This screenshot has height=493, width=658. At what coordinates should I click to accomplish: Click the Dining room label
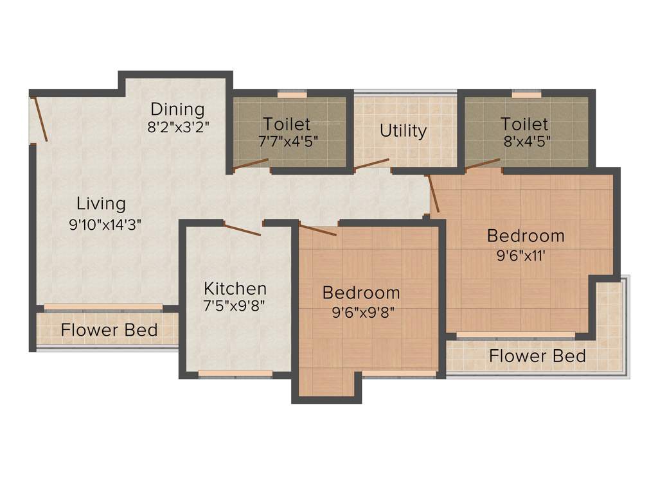(177, 109)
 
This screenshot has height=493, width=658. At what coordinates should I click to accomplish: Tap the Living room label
(101, 204)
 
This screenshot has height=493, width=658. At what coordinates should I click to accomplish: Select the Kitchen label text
(235, 288)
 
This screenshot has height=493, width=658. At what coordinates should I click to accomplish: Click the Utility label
(403, 131)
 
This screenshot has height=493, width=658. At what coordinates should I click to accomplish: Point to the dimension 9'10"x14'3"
(105, 225)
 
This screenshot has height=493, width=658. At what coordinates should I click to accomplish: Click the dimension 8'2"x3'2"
(178, 126)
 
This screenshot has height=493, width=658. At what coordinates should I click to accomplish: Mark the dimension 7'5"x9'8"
(234, 306)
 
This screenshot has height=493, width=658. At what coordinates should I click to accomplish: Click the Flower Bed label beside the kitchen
(109, 330)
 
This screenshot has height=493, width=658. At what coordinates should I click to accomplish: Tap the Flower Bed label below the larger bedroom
(537, 356)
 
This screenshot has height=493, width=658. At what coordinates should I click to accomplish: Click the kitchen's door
(242, 229)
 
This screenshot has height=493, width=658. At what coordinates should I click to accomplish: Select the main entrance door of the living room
(40, 119)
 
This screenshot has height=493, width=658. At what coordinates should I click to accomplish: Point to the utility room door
(371, 164)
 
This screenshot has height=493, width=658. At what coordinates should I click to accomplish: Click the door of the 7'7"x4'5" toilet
(251, 164)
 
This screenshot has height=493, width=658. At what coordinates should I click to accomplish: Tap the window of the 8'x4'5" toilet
(527, 94)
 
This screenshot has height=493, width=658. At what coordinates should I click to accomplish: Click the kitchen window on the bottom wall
(235, 374)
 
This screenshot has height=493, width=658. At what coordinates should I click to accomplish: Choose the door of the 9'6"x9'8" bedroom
(319, 230)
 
